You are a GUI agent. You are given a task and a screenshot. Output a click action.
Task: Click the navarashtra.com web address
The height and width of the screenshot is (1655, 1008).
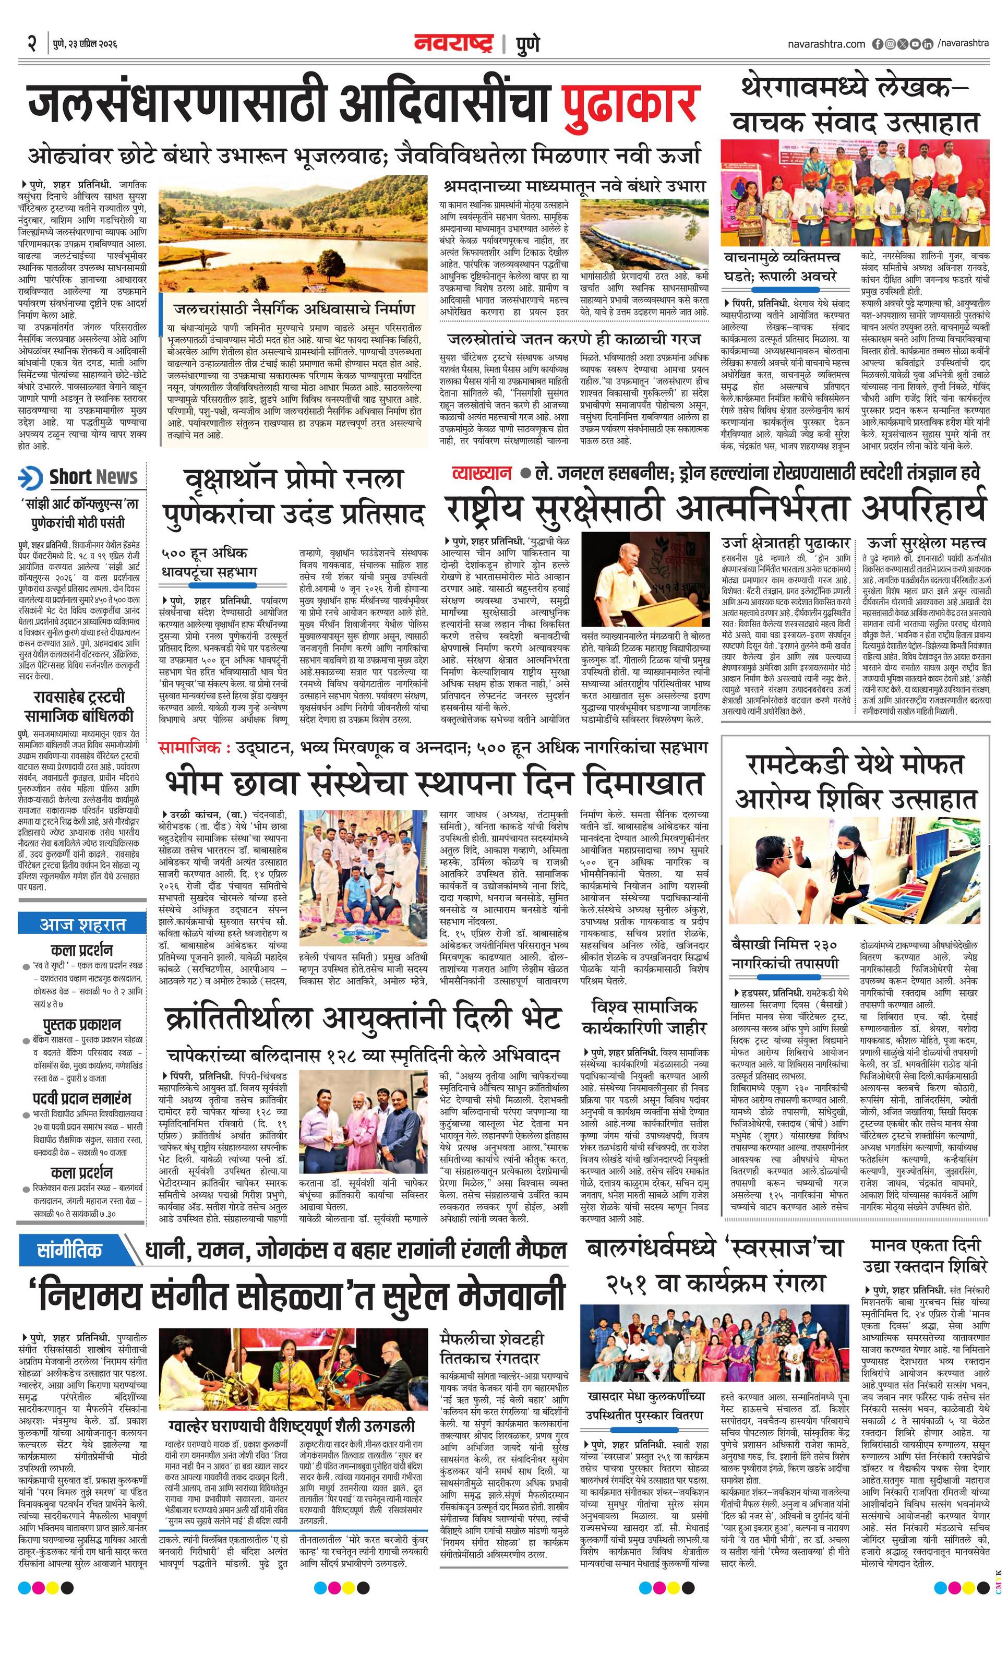pyautogui.click(x=826, y=44)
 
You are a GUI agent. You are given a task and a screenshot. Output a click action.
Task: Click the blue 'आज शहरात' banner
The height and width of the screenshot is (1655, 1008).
pyautogui.click(x=82, y=924)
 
